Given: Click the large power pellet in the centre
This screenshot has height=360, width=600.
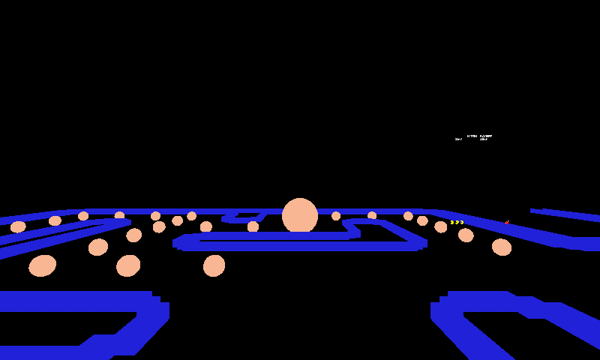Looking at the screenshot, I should [300, 216].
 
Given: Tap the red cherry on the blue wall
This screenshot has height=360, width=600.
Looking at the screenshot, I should [507, 222].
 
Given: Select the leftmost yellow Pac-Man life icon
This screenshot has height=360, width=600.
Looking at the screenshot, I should [452, 222].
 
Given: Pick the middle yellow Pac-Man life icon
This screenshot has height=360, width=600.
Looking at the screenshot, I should [457, 222].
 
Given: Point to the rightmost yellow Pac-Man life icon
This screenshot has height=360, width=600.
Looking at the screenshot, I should [461, 222].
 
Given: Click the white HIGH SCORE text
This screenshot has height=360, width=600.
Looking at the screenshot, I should [480, 136].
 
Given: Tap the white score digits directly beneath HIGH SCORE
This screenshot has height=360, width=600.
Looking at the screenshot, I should [484, 139].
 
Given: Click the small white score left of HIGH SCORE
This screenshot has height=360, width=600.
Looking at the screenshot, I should [458, 139].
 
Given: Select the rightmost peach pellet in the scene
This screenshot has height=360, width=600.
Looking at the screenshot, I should [502, 247].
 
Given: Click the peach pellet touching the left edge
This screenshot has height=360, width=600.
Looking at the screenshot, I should [18, 226].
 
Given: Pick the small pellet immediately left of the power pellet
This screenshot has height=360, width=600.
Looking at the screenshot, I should [253, 226].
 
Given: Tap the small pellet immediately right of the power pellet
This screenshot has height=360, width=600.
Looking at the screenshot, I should [336, 216].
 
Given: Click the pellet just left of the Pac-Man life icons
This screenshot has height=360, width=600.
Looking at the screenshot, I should [441, 226].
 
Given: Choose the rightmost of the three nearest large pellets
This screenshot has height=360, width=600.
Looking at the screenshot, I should [214, 265].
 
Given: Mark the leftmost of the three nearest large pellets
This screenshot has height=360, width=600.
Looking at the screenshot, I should [43, 265].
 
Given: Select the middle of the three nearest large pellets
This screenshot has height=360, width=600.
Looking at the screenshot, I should [128, 265].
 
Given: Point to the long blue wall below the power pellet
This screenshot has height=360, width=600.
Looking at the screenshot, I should [300, 244].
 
